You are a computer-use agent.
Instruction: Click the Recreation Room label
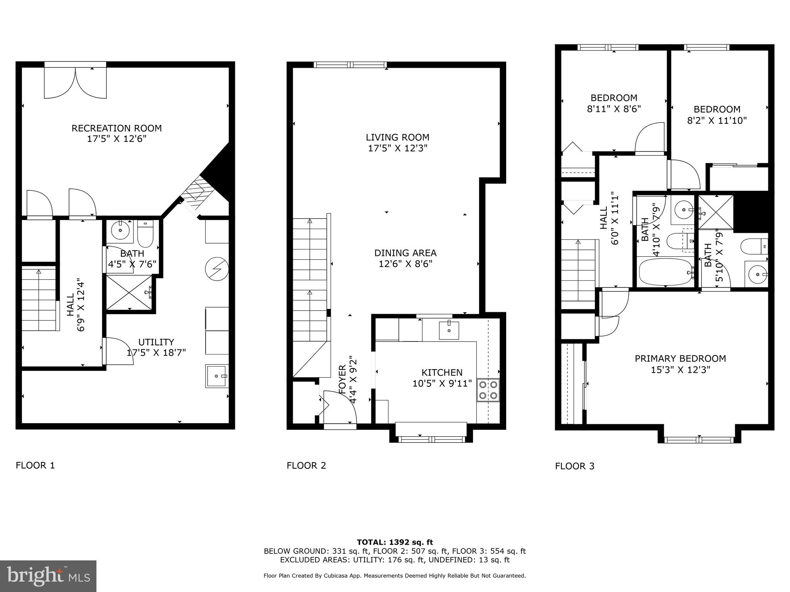(x=116, y=128)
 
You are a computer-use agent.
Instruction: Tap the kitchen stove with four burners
(x=488, y=390)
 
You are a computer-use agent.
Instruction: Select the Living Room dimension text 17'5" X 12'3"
(x=397, y=148)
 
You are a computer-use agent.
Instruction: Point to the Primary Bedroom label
(x=680, y=359)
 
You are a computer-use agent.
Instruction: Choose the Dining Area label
(x=405, y=253)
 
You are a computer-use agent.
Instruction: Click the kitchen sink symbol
(x=449, y=330)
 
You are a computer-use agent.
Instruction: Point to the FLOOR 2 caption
(x=306, y=466)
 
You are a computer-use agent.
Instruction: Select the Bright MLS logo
(x=48, y=576)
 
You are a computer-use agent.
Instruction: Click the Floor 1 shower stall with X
(x=129, y=292)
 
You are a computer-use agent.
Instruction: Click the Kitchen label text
(x=442, y=373)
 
